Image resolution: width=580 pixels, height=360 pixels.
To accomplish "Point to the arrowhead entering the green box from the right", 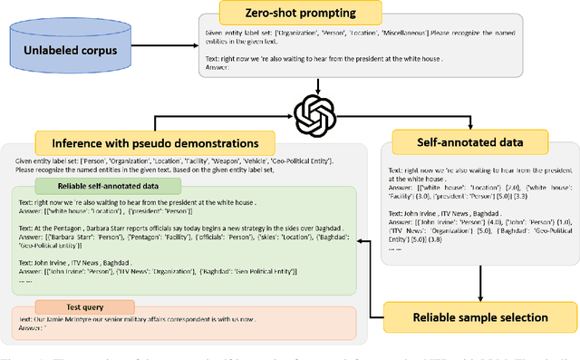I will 360,241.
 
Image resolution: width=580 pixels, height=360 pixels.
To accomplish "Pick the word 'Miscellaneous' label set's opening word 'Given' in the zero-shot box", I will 215,35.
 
